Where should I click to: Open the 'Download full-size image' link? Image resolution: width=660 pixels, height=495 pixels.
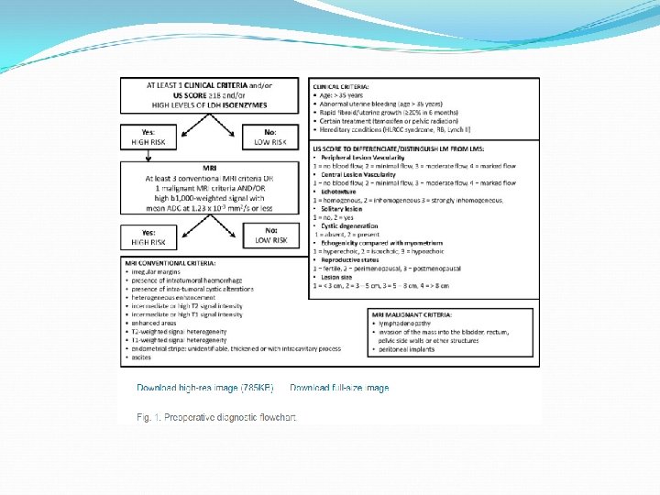[339, 388]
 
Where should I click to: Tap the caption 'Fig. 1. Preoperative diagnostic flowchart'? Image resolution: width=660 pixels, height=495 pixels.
[216, 417]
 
